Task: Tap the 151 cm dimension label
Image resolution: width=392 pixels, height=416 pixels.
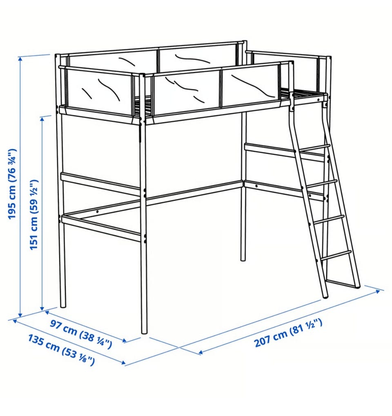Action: click(34, 215)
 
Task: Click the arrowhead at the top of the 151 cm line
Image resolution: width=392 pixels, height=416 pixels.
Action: click(42, 119)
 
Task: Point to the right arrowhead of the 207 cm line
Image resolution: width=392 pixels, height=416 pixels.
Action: click(378, 292)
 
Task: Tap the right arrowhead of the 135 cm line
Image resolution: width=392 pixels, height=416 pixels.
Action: click(123, 363)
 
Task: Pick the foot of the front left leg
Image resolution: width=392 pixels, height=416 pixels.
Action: click(63, 305)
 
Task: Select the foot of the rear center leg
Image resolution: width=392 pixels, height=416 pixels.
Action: click(243, 259)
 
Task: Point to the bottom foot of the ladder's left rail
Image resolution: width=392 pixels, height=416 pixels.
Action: click(325, 296)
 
